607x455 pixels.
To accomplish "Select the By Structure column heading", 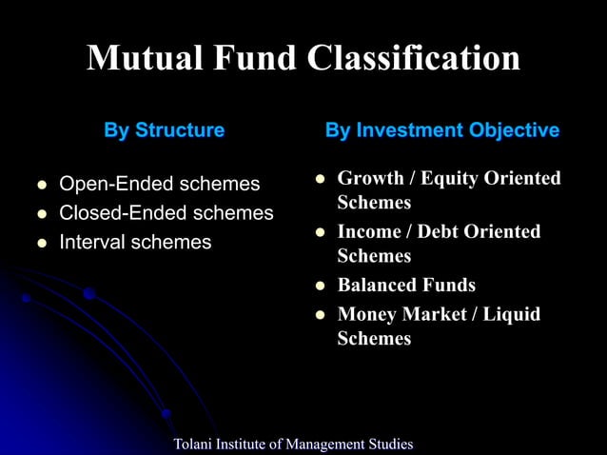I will [x=165, y=130].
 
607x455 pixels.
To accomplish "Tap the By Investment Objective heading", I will [x=442, y=130].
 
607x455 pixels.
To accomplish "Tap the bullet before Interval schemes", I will [x=42, y=244].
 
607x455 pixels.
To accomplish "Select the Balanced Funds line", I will [x=406, y=285].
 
